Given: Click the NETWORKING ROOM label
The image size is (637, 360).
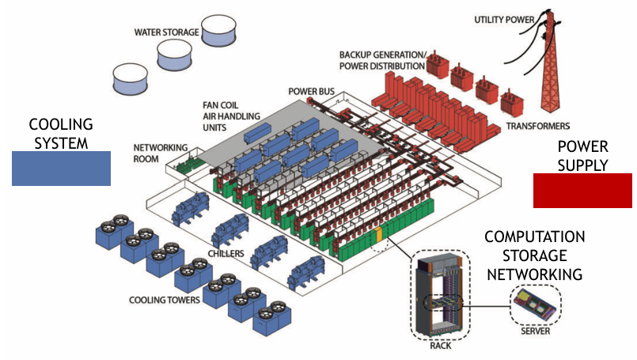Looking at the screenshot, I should (x=161, y=153).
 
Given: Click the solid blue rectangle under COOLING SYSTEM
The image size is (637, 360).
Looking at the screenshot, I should (x=61, y=169).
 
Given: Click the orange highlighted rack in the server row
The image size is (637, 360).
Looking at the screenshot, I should (x=380, y=235).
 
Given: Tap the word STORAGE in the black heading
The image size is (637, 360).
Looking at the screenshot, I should (x=535, y=256).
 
